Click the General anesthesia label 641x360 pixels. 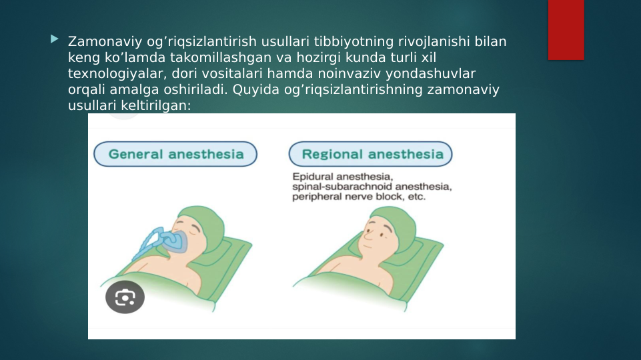(x=175, y=154)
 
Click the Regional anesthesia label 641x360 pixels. (x=372, y=154)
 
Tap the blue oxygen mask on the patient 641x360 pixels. (x=167, y=241)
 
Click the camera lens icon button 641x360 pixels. (x=125, y=297)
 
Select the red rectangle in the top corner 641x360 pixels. (x=566, y=29)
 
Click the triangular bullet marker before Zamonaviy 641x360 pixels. (x=54, y=41)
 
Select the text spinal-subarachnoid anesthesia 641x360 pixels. (x=372, y=187)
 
